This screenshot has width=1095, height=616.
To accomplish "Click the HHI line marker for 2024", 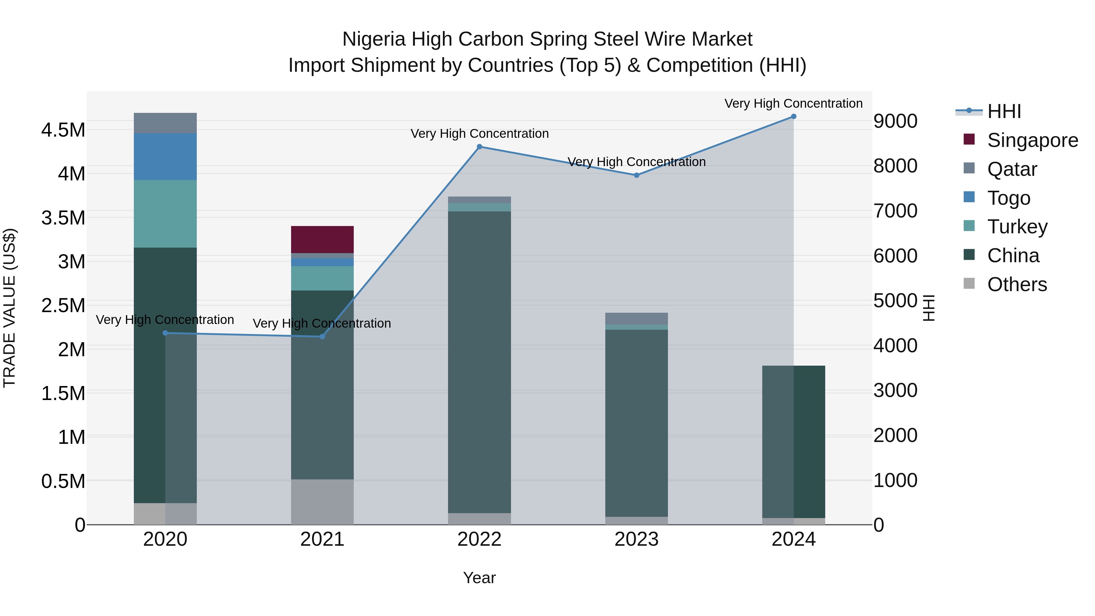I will coord(793,117).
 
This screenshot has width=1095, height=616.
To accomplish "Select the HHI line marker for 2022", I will coord(479,147).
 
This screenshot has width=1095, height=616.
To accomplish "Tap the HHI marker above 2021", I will coord(322,336).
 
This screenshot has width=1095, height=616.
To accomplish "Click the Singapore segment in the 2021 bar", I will coord(322,239).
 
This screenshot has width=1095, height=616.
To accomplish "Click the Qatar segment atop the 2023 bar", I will coord(636,318).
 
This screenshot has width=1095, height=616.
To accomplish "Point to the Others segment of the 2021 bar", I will coord(322,502).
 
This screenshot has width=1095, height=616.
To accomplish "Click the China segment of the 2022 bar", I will coord(479,361).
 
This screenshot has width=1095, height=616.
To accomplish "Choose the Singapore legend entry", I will coord(1032,140).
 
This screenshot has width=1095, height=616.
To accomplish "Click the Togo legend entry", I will coord(1008,198).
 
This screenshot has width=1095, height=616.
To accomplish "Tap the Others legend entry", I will coord(1017,284).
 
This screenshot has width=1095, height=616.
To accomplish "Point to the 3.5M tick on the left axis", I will coord(63,218).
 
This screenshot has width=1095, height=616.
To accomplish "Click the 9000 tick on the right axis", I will coord(895,121).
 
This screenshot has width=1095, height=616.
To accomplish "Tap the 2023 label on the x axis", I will coord(636,539).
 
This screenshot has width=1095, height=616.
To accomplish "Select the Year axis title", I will coord(479,578).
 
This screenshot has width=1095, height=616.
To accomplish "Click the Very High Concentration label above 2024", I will coord(793,103).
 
